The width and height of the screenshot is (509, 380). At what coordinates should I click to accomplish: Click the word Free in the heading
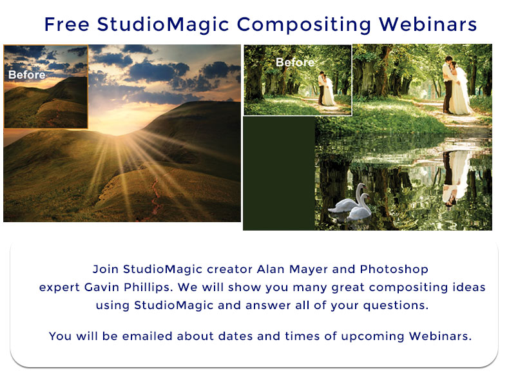(x=66, y=24)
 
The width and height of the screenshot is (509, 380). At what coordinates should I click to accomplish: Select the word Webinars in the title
(x=428, y=24)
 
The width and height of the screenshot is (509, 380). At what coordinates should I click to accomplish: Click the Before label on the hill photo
(x=27, y=75)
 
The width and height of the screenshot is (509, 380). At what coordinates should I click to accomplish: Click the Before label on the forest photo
(x=295, y=62)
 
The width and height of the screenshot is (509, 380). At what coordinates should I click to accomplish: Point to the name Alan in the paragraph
(x=271, y=269)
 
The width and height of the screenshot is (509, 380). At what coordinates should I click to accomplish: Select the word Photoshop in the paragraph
(x=394, y=270)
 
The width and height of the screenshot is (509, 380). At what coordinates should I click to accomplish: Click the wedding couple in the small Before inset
(x=326, y=89)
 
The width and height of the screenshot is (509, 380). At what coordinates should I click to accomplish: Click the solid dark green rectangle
(x=279, y=174)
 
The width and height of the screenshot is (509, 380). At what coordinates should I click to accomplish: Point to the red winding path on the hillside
(x=155, y=196)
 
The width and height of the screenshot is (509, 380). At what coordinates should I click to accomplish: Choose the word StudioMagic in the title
(x=163, y=25)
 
